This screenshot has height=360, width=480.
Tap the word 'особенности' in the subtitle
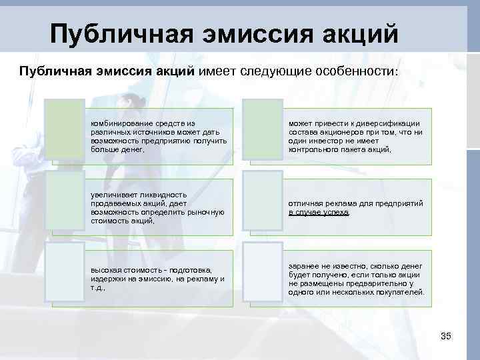pos(357,71)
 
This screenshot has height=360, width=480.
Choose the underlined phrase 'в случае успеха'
pos(319,213)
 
